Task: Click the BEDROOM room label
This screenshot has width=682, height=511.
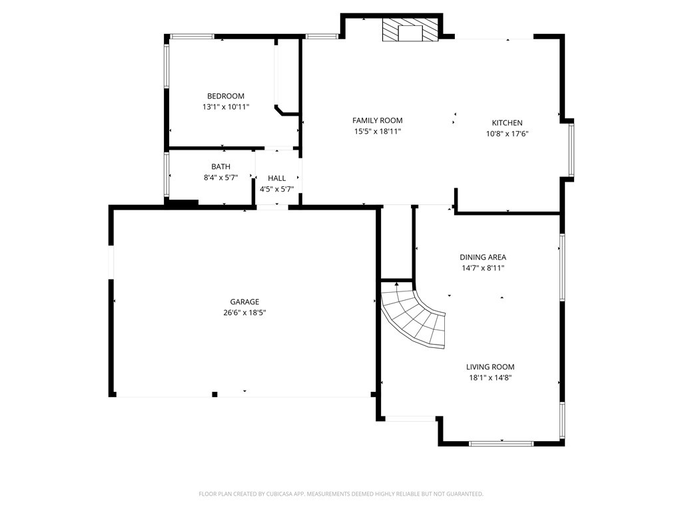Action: [x=225, y=96]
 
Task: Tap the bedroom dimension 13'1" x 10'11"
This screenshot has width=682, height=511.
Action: [x=225, y=106]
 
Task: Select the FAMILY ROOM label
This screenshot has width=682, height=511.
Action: [x=377, y=120]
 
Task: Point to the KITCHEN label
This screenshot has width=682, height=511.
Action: [x=507, y=122]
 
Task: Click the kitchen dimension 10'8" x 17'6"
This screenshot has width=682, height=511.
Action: [x=507, y=133]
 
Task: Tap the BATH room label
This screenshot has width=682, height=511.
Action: [x=220, y=166]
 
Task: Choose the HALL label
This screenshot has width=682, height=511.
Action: [x=276, y=178]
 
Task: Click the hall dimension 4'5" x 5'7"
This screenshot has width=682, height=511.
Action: [x=276, y=189]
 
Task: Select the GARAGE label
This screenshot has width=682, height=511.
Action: [x=244, y=301]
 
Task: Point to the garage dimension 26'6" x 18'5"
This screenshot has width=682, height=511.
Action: [x=244, y=312]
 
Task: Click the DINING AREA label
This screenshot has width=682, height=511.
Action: [x=483, y=257]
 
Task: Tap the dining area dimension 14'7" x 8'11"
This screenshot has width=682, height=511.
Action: [x=483, y=267]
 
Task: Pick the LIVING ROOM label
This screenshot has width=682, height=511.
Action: [x=490, y=367]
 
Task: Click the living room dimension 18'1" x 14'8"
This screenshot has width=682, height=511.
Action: [x=490, y=377]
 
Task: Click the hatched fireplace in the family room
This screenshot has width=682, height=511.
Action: [x=411, y=31]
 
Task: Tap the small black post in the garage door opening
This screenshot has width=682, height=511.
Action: [x=214, y=395]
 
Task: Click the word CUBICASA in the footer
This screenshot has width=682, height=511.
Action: [x=282, y=494]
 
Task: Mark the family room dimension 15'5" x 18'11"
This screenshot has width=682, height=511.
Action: [x=377, y=131]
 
